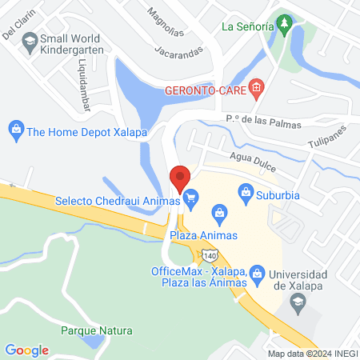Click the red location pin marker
click(x=180, y=177)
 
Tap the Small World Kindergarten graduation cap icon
click(x=30, y=39)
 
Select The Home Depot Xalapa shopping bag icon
click(x=15, y=128)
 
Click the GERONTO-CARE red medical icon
click(x=256, y=87)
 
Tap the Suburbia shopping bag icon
click(x=245, y=192)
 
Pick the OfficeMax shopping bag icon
click(x=257, y=274)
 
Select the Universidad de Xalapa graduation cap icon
click(x=298, y=301)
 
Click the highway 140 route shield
click(x=209, y=254)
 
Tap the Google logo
click(x=27, y=350)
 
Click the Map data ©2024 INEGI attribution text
click(x=312, y=353)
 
